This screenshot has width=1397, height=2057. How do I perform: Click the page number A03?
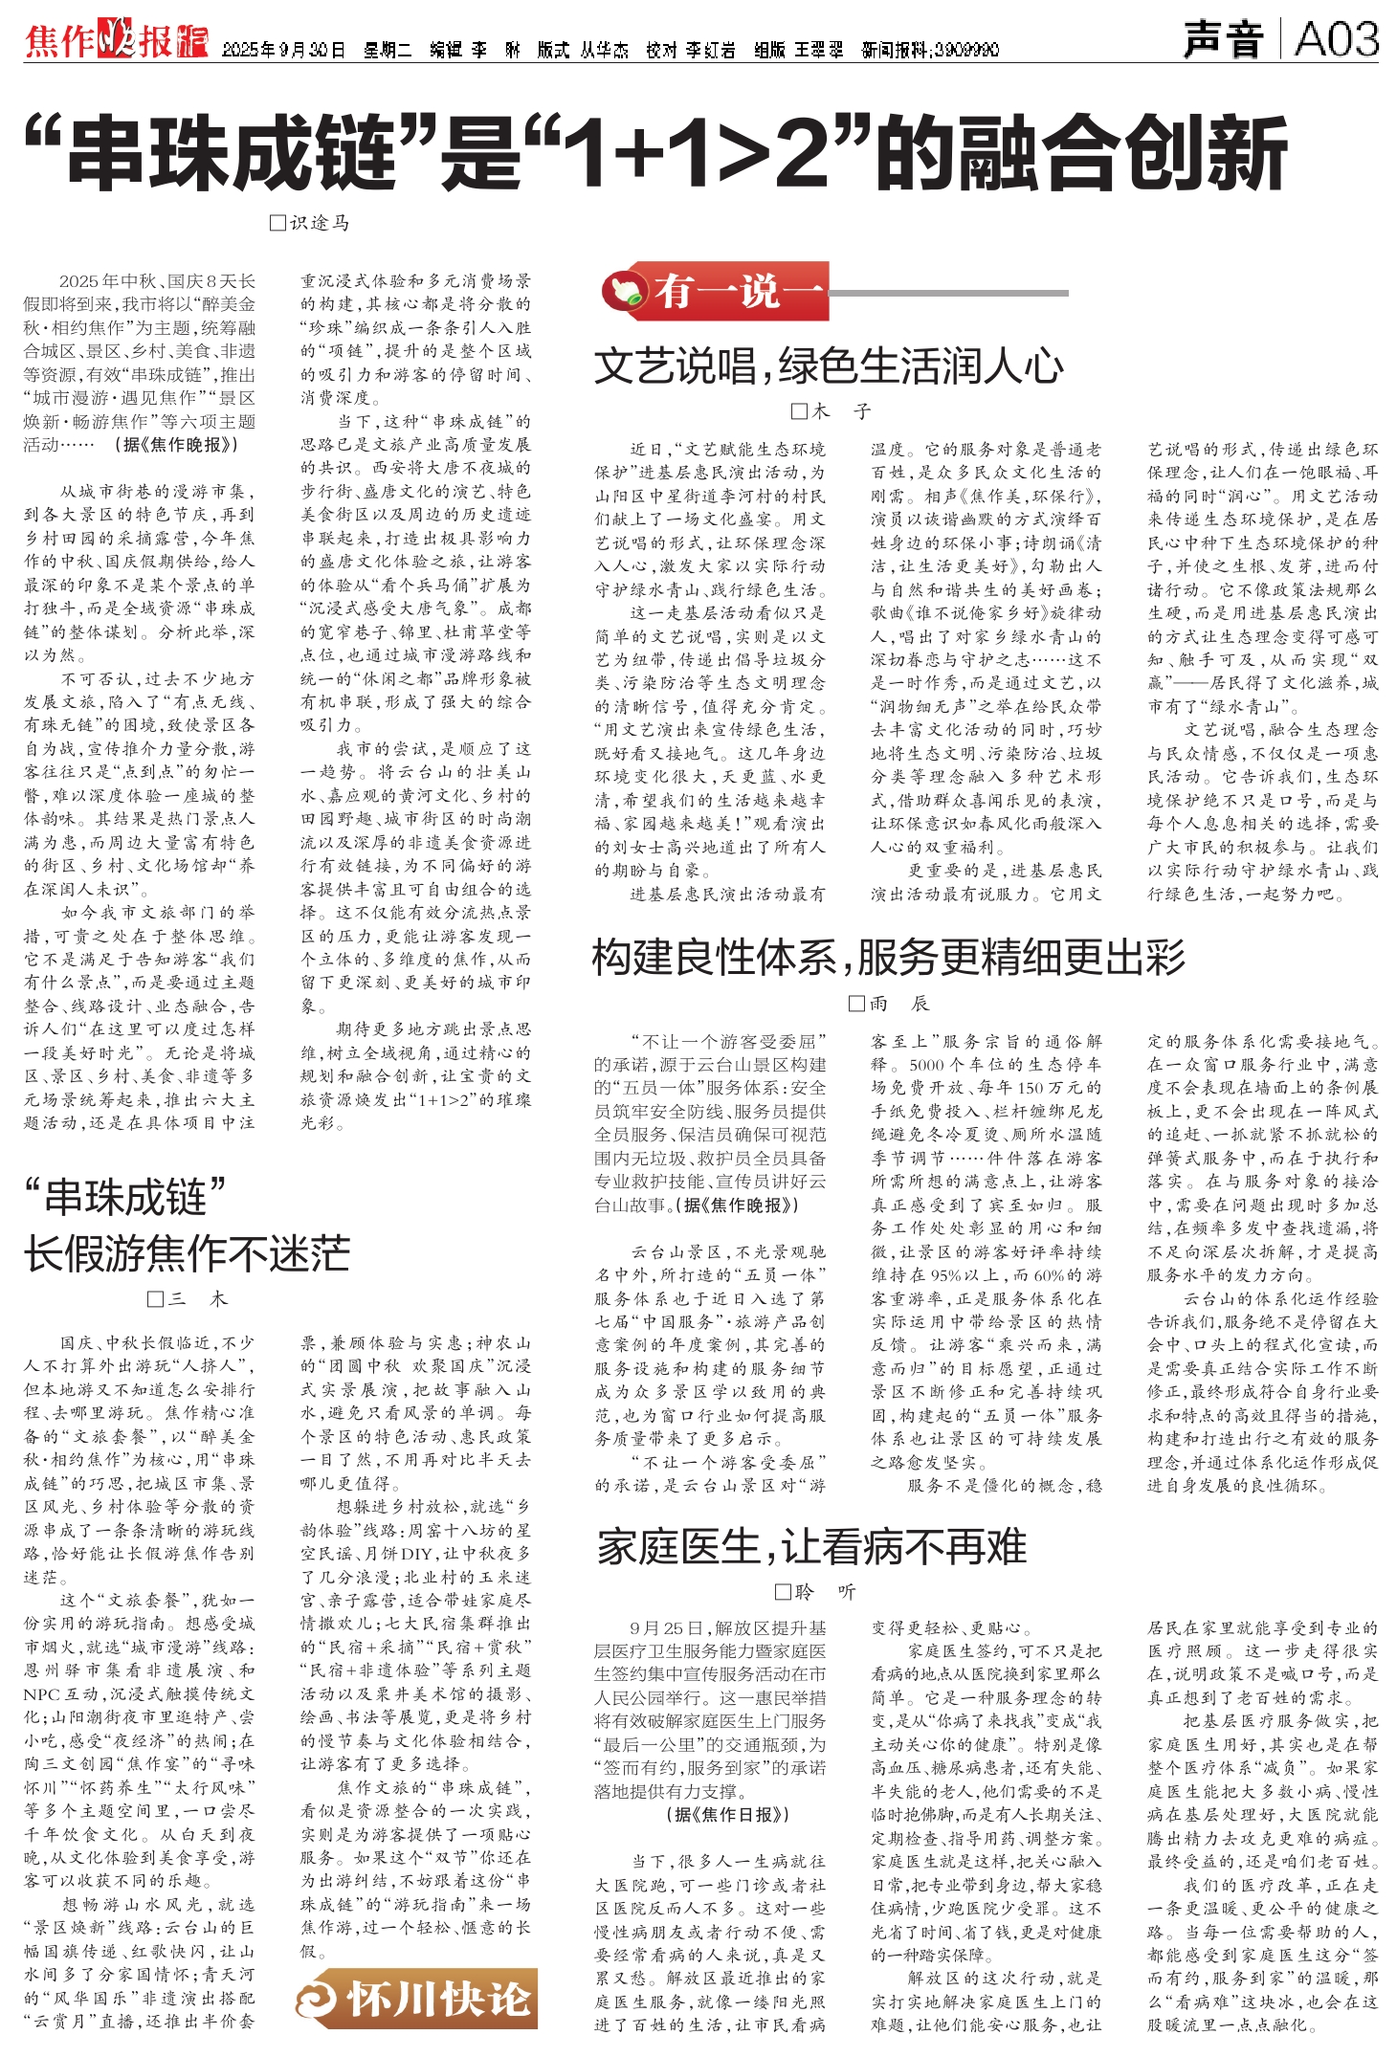click(x=1336, y=40)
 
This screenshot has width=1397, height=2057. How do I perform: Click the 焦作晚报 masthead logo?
click(x=116, y=42)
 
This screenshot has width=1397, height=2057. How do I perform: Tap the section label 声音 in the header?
click(x=1223, y=40)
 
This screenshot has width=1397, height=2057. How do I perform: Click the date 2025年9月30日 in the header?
click(x=283, y=50)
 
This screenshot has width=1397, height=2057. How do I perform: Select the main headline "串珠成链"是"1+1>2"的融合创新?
click(x=655, y=153)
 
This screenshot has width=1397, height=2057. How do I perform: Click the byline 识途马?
click(x=310, y=223)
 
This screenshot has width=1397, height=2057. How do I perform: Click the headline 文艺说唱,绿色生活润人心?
click(x=829, y=365)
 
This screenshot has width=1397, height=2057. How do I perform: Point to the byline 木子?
click(x=832, y=411)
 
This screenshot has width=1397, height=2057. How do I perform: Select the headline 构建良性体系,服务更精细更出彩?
click(x=889, y=957)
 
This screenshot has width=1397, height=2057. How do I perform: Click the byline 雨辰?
click(x=889, y=1003)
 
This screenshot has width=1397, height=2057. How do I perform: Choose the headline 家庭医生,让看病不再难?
click(x=812, y=1546)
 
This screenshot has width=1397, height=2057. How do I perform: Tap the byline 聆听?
click(x=815, y=1591)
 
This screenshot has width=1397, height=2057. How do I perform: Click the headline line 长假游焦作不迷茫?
click(x=188, y=1253)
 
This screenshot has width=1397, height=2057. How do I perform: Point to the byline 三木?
click(x=188, y=1298)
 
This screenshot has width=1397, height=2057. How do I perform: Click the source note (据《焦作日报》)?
click(x=728, y=1815)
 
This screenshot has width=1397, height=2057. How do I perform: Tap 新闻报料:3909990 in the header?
click(x=930, y=50)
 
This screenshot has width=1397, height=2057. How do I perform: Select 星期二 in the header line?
click(x=387, y=50)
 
